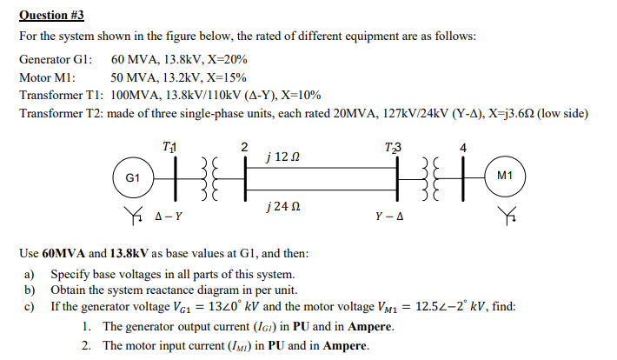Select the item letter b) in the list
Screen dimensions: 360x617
pyautogui.click(x=31, y=290)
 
